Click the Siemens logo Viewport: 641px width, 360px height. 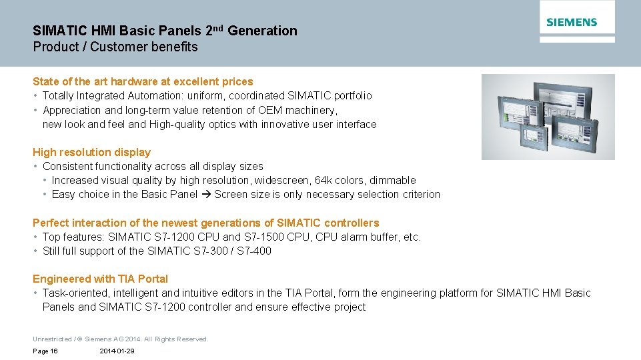point(572,22)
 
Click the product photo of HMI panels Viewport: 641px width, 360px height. point(548,117)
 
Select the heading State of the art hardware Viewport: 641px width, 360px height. point(143,81)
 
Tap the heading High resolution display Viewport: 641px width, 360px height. point(91,152)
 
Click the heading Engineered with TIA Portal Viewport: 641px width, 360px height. point(100,279)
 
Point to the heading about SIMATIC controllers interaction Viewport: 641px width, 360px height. point(205,223)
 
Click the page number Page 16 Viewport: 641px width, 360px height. point(45,351)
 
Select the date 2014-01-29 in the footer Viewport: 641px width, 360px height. point(117,351)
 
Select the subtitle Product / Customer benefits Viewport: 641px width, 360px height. point(115,47)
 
